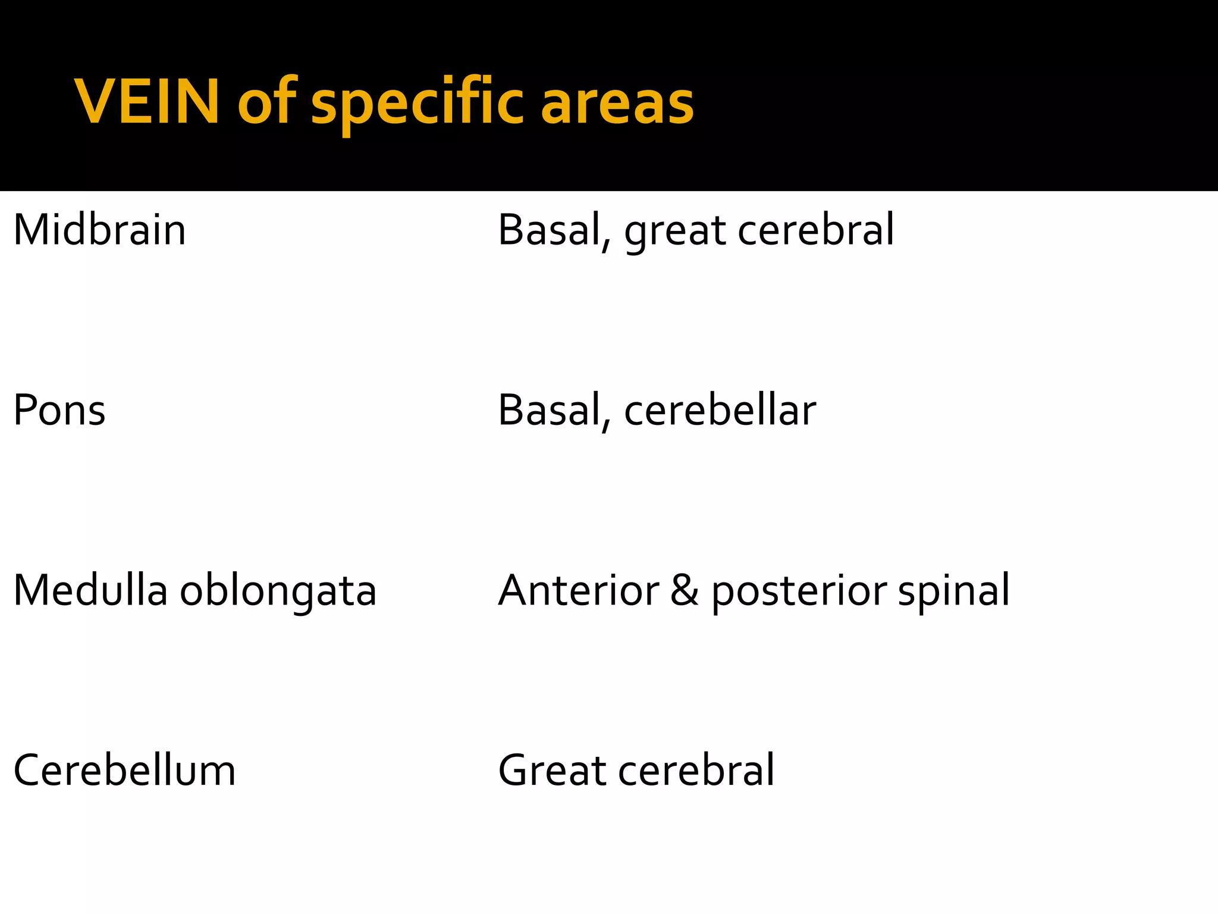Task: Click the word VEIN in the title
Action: click(x=146, y=102)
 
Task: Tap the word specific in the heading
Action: click(x=417, y=102)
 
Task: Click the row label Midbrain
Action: click(x=99, y=230)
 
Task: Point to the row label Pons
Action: click(x=59, y=411)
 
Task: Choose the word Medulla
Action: click(x=90, y=591)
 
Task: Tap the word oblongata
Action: click(x=278, y=591)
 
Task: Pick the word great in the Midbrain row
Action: click(x=674, y=230)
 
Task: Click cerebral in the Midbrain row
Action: click(x=815, y=230)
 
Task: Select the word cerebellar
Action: click(x=720, y=411)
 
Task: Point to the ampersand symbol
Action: click(x=685, y=591)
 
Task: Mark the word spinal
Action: click(x=953, y=591)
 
